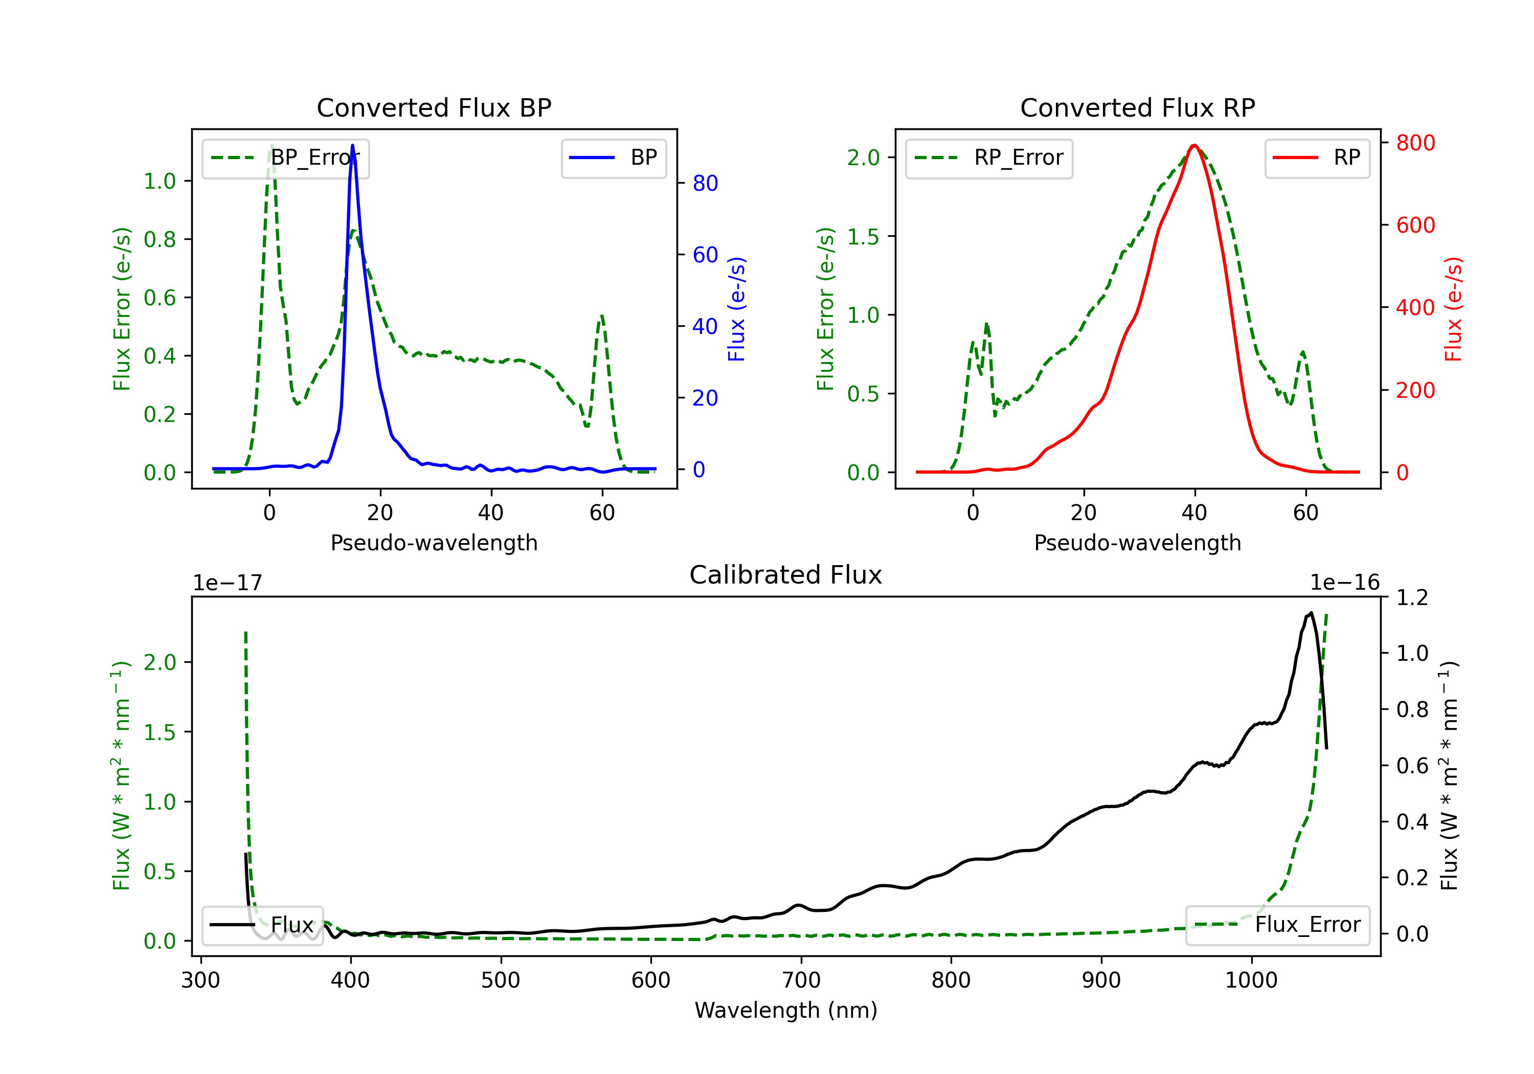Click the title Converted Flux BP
tap(434, 107)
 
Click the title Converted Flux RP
tap(1137, 107)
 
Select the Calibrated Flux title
tap(786, 575)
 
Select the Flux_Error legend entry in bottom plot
tap(1277, 925)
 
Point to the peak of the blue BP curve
tap(353, 145)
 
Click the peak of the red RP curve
tap(1194, 145)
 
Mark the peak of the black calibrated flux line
tap(1312, 613)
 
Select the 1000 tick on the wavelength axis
tap(1251, 980)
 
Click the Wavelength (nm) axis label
tap(786, 1011)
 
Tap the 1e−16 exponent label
tap(1344, 583)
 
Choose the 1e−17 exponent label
tap(227, 583)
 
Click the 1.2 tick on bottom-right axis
tap(1412, 597)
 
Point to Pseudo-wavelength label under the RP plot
tap(1137, 543)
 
